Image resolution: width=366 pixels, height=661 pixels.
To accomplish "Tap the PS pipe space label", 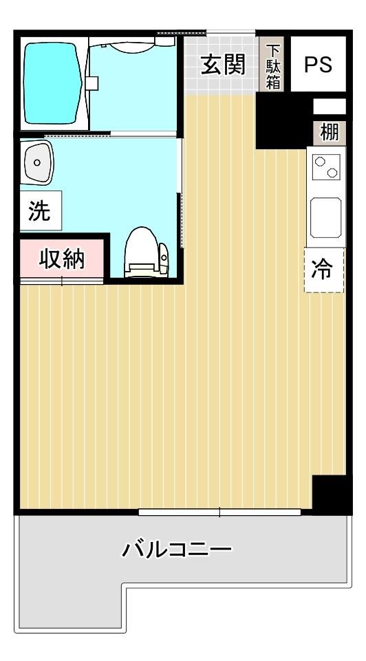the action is (318, 65).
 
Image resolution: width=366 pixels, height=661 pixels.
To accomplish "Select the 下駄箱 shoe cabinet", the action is (272, 65).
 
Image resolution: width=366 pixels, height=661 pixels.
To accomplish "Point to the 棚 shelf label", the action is (330, 133).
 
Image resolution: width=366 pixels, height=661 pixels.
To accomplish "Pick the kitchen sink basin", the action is (325, 217).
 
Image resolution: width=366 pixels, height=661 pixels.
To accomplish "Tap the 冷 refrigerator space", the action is (324, 270).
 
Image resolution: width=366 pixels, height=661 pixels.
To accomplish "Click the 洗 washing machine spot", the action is (41, 210).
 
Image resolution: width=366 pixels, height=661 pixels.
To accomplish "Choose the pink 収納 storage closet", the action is (61, 259).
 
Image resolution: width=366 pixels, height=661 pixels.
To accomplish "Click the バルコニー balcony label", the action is (177, 550).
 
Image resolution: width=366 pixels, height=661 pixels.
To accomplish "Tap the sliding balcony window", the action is (219, 512).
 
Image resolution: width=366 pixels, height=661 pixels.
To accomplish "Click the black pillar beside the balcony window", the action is (332, 495).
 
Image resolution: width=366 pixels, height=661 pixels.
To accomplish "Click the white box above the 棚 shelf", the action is (330, 107).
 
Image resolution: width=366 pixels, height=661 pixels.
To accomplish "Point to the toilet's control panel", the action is (163, 257).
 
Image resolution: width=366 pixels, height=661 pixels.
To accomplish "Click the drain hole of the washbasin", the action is (37, 162).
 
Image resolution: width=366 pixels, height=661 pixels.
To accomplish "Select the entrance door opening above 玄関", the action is (230, 32).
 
